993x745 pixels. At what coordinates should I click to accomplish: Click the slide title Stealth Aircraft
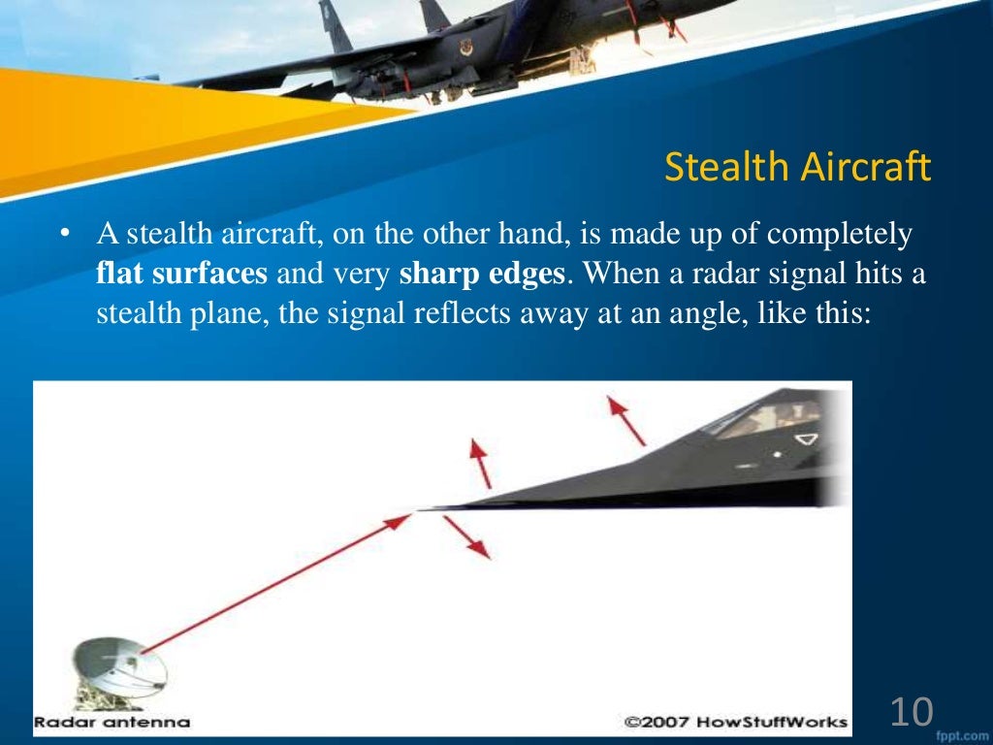(797, 168)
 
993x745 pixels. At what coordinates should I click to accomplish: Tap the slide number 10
(911, 713)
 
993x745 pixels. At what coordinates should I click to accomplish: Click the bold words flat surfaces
(182, 275)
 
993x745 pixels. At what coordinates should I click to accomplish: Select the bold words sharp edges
(482, 275)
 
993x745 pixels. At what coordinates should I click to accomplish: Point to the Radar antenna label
(112, 723)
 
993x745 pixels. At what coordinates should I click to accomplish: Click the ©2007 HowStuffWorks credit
(735, 723)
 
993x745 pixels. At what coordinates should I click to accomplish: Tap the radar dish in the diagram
(121, 668)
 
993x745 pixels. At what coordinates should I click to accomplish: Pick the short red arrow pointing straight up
(480, 462)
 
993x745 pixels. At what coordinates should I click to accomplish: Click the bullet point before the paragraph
(65, 236)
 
